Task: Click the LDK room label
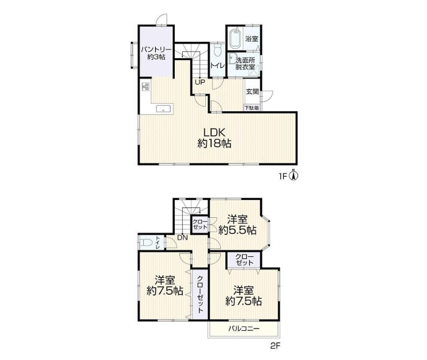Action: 214,132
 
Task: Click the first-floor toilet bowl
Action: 217,50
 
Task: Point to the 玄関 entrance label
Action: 252,92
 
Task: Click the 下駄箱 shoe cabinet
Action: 252,108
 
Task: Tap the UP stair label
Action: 199,82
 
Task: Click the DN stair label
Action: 182,237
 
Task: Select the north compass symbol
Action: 294,175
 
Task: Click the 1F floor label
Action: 283,177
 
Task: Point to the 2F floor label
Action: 275,346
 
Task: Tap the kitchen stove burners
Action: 146,87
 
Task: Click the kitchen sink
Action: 164,109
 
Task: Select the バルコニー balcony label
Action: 244,328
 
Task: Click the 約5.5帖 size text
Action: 237,230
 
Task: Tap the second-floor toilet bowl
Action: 146,242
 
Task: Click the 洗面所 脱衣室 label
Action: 245,63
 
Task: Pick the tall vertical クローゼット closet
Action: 200,294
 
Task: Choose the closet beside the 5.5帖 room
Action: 200,225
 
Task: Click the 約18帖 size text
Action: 214,143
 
